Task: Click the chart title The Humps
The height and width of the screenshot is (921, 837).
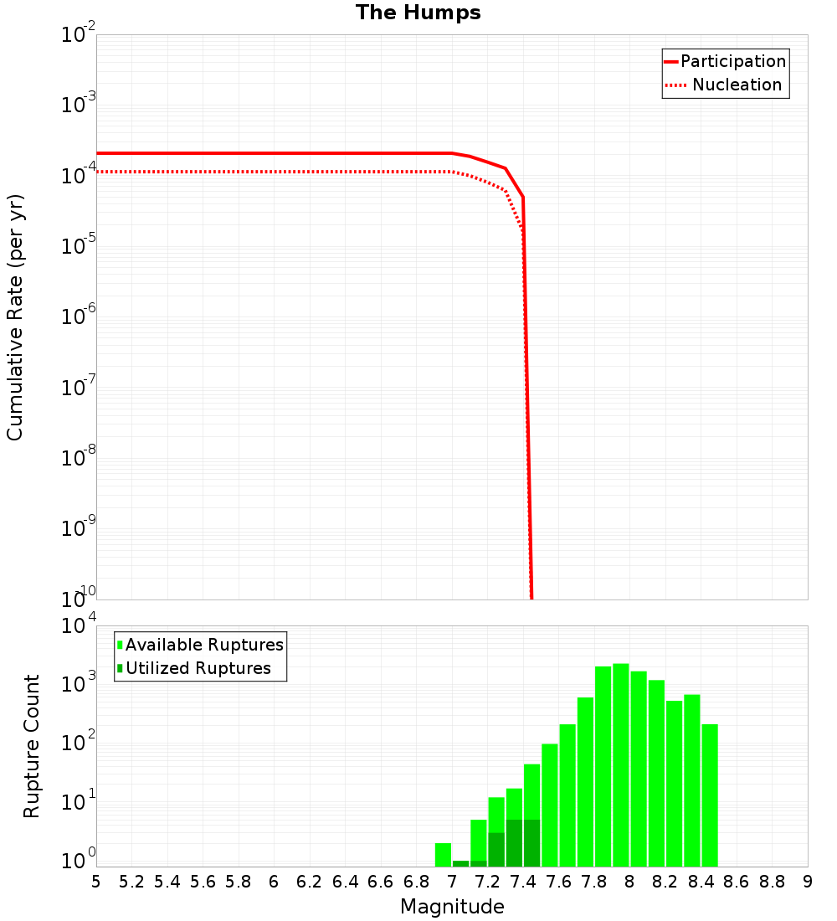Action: [x=418, y=13]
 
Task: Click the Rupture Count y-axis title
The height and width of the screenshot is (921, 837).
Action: [x=32, y=746]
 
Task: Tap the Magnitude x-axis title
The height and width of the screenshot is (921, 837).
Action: [x=452, y=907]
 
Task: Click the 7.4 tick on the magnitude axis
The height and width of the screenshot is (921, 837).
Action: [x=523, y=882]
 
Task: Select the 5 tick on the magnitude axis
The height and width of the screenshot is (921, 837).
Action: [x=96, y=882]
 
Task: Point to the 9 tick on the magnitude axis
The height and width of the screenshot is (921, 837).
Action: [x=808, y=882]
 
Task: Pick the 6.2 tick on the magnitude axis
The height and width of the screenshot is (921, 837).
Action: [x=310, y=882]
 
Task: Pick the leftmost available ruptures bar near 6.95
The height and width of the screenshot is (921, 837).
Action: [x=443, y=855]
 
